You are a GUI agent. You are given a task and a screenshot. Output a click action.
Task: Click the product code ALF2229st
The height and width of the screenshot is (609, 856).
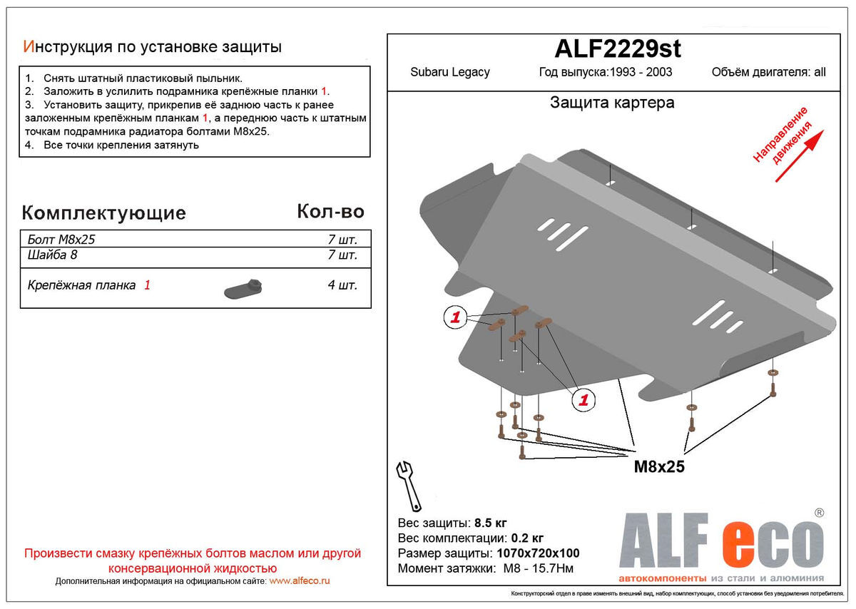pos(618,48)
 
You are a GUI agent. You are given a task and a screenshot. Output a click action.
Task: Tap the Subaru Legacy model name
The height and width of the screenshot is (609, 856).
pos(449,72)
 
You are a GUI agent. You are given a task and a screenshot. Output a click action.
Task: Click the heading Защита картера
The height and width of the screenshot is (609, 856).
pos(612,103)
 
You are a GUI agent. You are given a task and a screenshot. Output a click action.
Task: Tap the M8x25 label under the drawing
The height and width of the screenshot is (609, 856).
pos(659,467)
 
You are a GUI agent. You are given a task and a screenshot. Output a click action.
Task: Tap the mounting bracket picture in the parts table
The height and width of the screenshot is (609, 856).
pos(245,287)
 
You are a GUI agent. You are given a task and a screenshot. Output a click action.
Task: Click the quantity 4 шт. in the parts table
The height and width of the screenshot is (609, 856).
pos(342,285)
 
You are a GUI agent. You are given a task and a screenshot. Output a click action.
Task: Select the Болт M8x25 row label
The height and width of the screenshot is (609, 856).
pos(61,240)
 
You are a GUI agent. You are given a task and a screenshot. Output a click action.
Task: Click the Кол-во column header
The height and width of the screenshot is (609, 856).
pos(330,211)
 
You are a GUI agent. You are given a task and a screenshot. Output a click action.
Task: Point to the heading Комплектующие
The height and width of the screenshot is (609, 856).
pos(104,213)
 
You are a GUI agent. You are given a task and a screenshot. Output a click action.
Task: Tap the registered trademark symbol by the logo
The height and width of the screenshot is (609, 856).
pos(819,513)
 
